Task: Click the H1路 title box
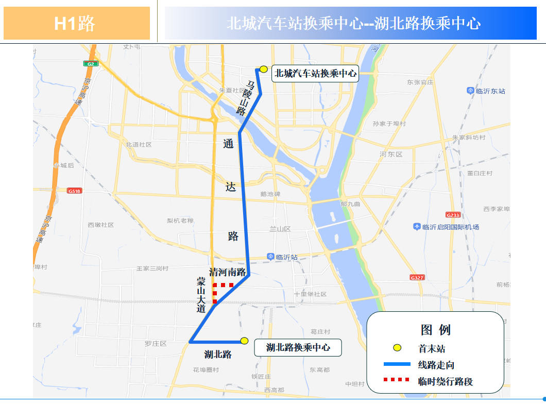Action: pyautogui.click(x=76, y=23)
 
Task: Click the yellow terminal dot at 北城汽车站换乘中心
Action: pyautogui.click(x=263, y=69)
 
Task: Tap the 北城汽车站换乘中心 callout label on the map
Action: pyautogui.click(x=315, y=74)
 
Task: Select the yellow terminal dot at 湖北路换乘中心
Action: pyautogui.click(x=244, y=341)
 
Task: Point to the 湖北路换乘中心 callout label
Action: pyautogui.click(x=298, y=347)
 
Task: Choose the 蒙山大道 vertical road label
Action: pyautogui.click(x=201, y=295)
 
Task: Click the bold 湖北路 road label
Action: pyautogui.click(x=218, y=355)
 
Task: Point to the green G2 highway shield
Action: pyautogui.click(x=91, y=64)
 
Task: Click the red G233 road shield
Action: pyautogui.click(x=453, y=215)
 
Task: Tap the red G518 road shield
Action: pyautogui.click(x=74, y=190)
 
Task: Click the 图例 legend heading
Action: pyautogui.click(x=435, y=329)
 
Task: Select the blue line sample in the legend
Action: pyautogui.click(x=397, y=364)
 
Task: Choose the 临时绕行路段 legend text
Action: pyautogui.click(x=445, y=381)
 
